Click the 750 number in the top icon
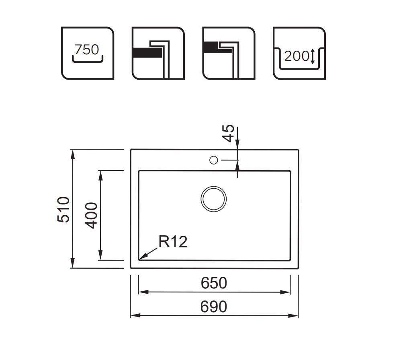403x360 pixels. click(87, 49)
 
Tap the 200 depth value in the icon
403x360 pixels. click(296, 56)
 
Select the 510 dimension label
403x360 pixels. click(63, 209)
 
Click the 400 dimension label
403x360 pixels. click(91, 215)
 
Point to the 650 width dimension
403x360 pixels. click(214, 283)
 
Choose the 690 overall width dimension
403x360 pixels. click(214, 307)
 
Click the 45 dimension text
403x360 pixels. click(228, 133)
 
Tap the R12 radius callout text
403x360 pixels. click(173, 242)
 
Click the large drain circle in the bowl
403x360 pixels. click(213, 199)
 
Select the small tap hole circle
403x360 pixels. click(214, 160)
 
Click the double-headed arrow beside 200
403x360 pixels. click(313, 56)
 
